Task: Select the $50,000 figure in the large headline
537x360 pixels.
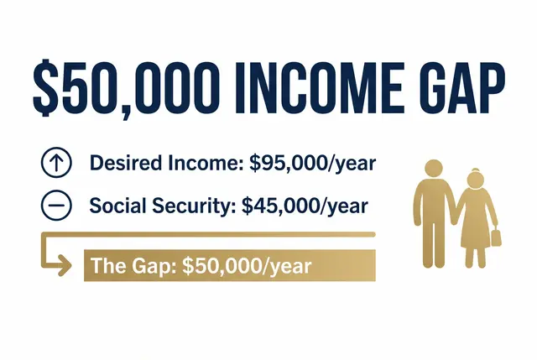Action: coord(126,88)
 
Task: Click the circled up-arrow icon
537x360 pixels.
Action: coord(56,162)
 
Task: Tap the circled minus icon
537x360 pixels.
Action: coord(56,206)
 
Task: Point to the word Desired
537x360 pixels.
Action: coord(126,163)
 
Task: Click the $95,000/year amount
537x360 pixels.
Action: coord(313,164)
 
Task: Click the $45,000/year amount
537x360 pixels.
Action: coord(305,206)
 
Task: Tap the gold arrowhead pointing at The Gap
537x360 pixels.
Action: coord(65,265)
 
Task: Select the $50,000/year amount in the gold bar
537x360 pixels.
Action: coord(247,267)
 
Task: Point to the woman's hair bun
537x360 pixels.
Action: coord(476,170)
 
